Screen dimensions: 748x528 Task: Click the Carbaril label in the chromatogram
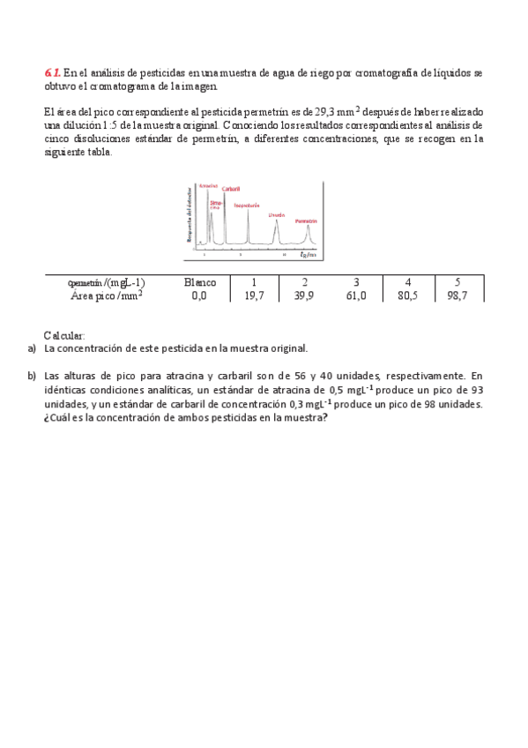(231, 189)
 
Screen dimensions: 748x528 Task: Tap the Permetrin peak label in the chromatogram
(306, 221)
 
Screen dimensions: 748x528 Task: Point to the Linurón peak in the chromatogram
(277, 231)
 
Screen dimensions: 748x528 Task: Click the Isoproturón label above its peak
(247, 205)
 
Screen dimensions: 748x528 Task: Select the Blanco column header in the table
(200, 282)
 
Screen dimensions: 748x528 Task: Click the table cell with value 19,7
(254, 296)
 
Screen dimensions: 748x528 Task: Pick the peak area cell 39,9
(304, 296)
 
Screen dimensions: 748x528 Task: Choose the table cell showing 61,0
(355, 296)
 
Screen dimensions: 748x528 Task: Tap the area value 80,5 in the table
(406, 296)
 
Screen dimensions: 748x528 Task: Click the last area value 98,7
(457, 296)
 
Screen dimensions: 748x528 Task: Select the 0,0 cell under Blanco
(200, 296)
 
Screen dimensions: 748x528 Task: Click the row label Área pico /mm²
(107, 296)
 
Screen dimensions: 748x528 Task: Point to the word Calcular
(64, 336)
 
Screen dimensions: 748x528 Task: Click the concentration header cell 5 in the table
(457, 282)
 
